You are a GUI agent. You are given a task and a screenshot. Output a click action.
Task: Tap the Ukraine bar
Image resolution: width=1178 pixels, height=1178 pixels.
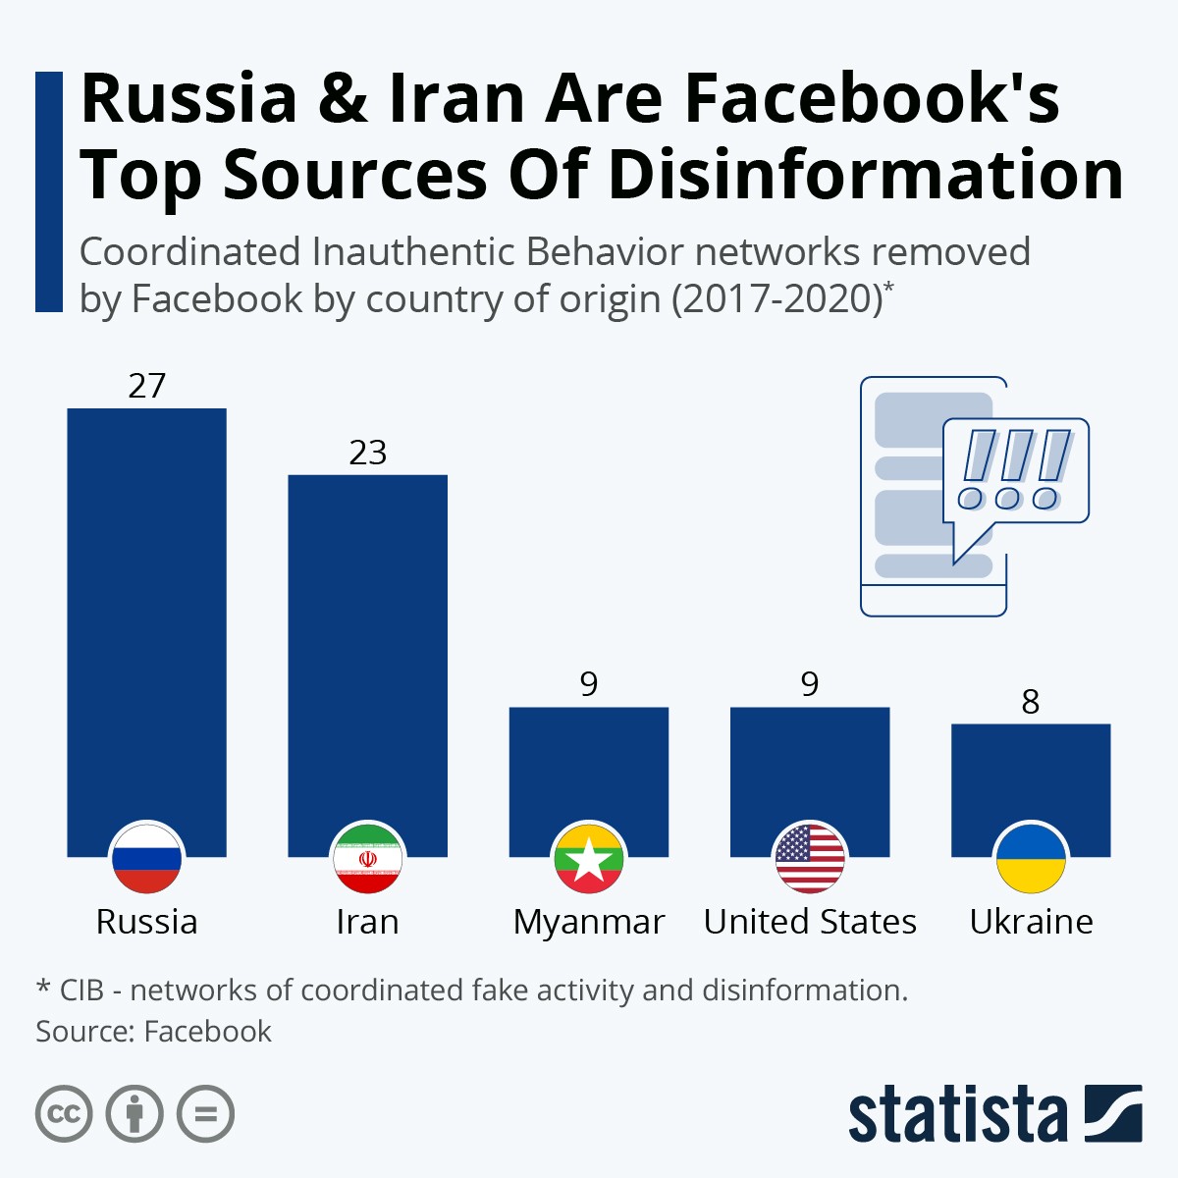click(x=1031, y=776)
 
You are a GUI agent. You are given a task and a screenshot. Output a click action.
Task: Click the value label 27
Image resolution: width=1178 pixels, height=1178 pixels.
click(x=146, y=386)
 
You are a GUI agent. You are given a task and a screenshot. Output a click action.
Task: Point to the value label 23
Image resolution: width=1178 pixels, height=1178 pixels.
click(x=367, y=453)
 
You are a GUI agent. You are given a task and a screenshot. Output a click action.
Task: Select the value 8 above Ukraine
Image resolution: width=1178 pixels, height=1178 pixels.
click(x=1030, y=702)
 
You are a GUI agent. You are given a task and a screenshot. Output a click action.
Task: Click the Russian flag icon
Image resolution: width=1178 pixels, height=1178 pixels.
click(x=146, y=857)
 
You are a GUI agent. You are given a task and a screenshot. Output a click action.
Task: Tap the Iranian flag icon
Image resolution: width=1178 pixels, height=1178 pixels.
click(x=367, y=857)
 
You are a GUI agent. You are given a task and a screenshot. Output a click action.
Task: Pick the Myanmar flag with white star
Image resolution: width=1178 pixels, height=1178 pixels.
click(x=588, y=857)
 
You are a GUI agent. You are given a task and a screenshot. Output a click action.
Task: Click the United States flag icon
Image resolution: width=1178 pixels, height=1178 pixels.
click(x=810, y=857)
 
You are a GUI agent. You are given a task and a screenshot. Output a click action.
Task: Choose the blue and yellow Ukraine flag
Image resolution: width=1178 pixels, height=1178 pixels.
click(x=1031, y=857)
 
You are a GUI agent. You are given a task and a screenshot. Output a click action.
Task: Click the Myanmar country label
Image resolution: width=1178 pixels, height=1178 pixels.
click(x=588, y=922)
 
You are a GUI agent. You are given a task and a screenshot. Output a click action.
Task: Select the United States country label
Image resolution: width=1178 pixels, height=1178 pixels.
click(x=810, y=922)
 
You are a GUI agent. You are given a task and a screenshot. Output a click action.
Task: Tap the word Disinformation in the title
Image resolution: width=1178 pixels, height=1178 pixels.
click(x=865, y=175)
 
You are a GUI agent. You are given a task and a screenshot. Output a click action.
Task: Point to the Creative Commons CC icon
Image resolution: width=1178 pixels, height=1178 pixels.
click(x=64, y=1114)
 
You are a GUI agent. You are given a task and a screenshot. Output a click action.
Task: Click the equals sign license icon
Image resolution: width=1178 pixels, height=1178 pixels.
click(x=205, y=1114)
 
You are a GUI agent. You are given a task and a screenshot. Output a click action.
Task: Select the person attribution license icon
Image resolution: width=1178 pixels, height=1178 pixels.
click(x=134, y=1114)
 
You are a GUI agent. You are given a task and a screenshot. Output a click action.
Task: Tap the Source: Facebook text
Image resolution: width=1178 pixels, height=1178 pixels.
click(x=153, y=1031)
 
